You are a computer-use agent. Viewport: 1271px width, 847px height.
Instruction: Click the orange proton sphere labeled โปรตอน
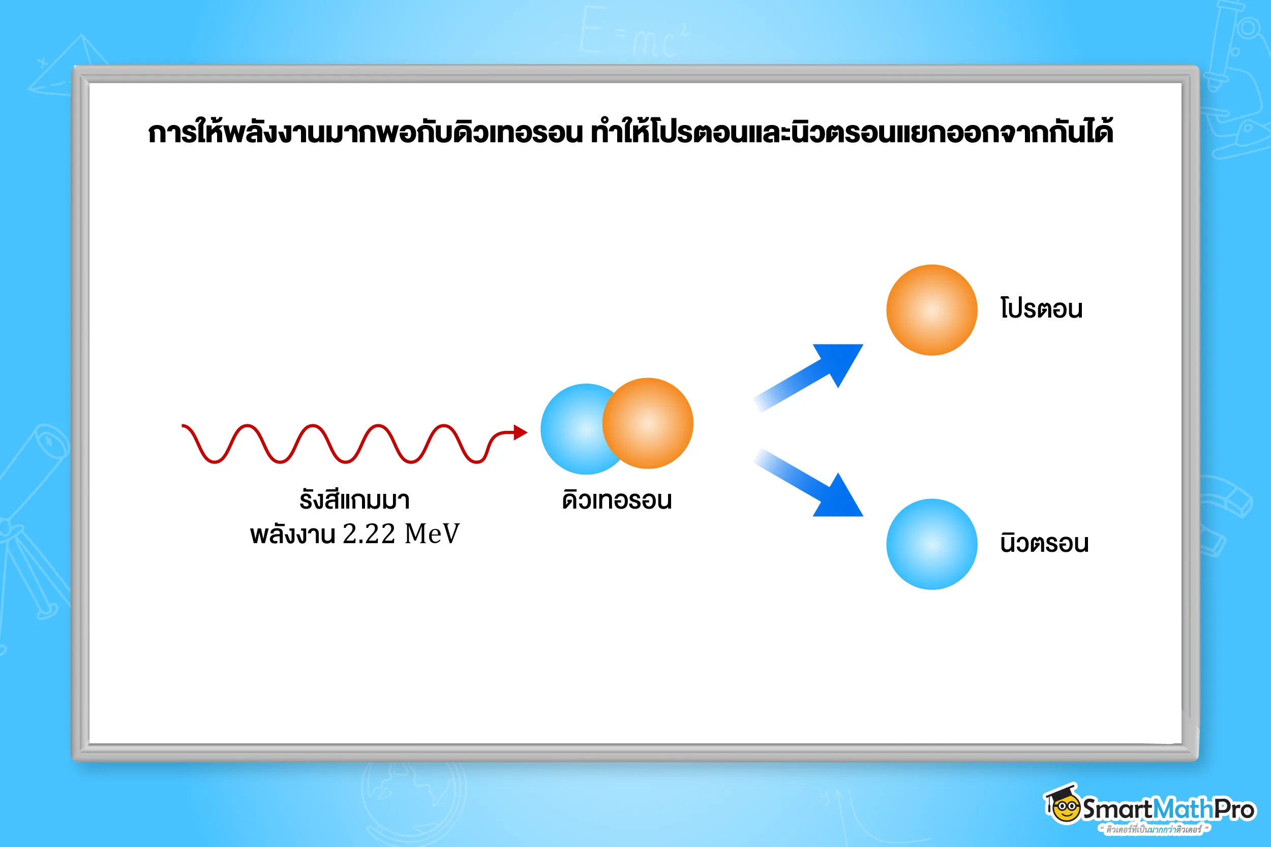click(931, 310)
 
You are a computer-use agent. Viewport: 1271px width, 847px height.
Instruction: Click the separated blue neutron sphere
click(931, 544)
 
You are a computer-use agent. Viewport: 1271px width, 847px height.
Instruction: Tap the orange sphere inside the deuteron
click(648, 423)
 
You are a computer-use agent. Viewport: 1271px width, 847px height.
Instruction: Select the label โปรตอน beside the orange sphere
click(1041, 308)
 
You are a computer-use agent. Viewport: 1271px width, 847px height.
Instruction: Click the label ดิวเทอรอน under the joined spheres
click(617, 499)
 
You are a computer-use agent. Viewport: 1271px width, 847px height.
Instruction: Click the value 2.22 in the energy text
click(369, 534)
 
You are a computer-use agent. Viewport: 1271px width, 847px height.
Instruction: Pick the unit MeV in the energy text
click(432, 534)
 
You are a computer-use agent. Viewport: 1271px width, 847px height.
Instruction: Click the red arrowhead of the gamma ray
click(521, 432)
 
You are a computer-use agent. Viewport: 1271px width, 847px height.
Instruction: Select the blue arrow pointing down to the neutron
click(809, 483)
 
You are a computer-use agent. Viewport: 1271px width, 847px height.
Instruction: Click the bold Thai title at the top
click(630, 131)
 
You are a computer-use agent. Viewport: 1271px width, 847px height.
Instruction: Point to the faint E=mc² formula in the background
click(635, 33)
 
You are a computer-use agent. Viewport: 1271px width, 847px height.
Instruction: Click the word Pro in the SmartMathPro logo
click(1234, 809)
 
